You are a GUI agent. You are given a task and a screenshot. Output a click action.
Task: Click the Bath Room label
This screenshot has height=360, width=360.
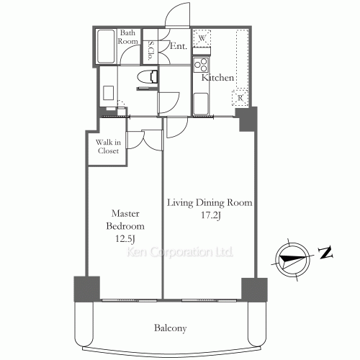pyautogui.click(x=127, y=37)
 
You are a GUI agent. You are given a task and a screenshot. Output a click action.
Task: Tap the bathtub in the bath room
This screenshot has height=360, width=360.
pyautogui.click(x=106, y=46)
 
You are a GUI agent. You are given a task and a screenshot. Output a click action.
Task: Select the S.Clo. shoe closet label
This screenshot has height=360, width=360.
pyautogui.click(x=150, y=50)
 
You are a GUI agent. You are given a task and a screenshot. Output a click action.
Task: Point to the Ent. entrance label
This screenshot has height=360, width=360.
pyautogui.click(x=179, y=46)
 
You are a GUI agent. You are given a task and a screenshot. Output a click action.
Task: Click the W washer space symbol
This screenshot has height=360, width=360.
pyautogui.click(x=202, y=38)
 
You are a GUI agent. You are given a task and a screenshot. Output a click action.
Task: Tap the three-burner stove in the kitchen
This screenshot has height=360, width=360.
pyautogui.click(x=201, y=66)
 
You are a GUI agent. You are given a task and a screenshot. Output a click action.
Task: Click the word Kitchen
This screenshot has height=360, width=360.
pyautogui.click(x=217, y=77)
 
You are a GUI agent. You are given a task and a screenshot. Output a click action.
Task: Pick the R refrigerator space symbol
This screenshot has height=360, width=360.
pyautogui.click(x=240, y=97)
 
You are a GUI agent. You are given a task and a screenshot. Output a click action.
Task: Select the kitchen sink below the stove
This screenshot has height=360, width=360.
pyautogui.click(x=201, y=104)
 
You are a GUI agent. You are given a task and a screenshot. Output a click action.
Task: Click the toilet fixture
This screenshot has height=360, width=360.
pyautogui.click(x=147, y=77)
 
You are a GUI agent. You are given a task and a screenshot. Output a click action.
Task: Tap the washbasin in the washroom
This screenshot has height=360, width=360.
pyautogui.click(x=108, y=93)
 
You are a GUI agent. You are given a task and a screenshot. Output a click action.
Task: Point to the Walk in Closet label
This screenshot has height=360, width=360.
pyautogui.click(x=108, y=146)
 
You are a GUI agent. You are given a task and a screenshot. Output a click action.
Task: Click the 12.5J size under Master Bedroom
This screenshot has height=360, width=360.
pyautogui.click(x=125, y=238)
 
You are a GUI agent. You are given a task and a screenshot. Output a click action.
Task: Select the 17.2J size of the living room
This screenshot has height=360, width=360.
pyautogui.click(x=211, y=215)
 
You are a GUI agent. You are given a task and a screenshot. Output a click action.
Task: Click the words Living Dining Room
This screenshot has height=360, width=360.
pyautogui.click(x=210, y=203)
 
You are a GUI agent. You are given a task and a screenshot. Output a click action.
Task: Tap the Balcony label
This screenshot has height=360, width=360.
pyautogui.click(x=170, y=328)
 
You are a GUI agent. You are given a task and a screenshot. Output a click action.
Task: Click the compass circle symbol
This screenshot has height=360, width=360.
pyautogui.click(x=292, y=260)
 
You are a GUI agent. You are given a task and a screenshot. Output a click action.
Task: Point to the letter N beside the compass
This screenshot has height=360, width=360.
pyautogui.click(x=325, y=252)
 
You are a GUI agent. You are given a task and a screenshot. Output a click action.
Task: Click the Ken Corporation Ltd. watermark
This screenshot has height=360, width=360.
pyautogui.click(x=180, y=252)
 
